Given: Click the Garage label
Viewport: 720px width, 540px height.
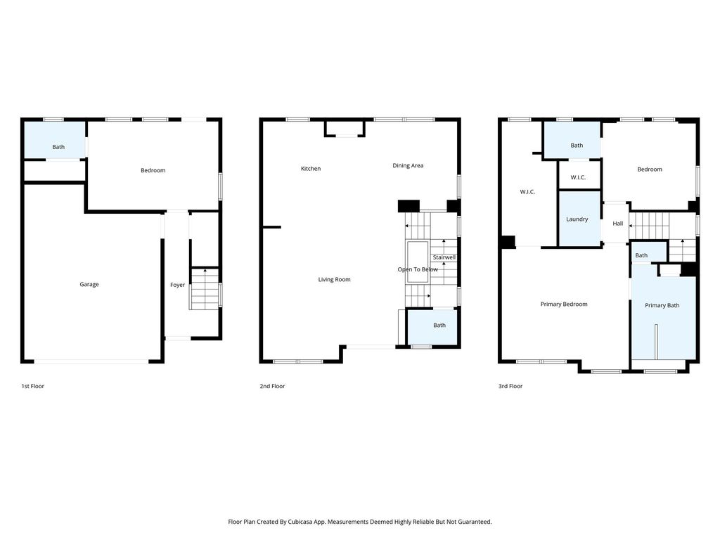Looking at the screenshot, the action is [89, 284].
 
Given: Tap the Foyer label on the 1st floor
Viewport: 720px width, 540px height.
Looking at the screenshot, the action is [177, 285].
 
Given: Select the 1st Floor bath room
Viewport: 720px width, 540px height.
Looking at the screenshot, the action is [55, 140].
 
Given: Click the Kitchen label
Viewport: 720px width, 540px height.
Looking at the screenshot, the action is [310, 169].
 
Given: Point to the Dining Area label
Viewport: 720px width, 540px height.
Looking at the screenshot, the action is [408, 165].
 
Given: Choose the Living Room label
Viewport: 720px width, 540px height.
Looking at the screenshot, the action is [334, 279].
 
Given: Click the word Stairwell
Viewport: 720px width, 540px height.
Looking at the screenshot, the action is [444, 257].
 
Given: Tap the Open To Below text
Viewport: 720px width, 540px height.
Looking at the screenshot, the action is [418, 269].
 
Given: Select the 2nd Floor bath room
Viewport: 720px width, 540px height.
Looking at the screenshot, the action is [433, 328].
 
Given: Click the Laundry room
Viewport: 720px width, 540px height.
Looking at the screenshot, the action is [579, 219].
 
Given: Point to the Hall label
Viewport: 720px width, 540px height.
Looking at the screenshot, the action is [617, 223].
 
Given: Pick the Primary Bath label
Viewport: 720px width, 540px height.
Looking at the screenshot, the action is [662, 305].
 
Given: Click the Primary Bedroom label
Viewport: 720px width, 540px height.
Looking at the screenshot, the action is [564, 304].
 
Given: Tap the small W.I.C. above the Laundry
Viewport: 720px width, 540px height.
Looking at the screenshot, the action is [578, 177].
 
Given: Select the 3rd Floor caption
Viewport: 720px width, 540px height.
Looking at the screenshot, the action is [510, 386].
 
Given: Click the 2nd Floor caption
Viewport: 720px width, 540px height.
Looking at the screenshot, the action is [272, 386].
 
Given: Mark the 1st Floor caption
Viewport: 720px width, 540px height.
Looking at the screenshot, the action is [32, 386].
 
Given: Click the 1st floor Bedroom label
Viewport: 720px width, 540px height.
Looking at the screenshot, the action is [153, 170].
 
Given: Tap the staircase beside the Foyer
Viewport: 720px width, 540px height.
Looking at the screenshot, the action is [205, 289].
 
